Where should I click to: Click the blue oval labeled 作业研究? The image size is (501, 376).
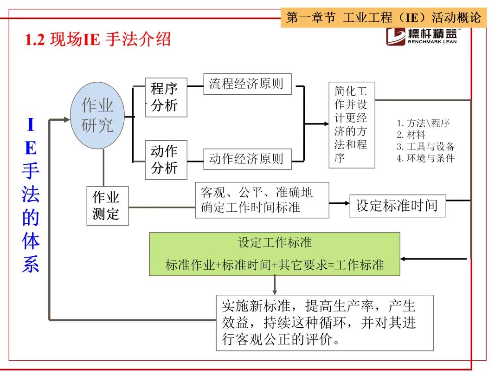click(x=97, y=115)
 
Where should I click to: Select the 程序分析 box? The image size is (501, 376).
click(x=165, y=97)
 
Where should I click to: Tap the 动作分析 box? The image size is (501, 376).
click(x=165, y=159)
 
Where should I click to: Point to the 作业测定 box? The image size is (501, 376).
click(x=107, y=206)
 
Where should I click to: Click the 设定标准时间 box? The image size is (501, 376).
click(x=398, y=206)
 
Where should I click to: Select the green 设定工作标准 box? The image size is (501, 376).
click(x=275, y=254)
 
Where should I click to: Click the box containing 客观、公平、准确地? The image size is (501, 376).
click(x=262, y=200)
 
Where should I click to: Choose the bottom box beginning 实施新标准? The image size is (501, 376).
click(x=324, y=323)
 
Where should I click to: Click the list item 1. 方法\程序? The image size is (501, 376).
click(x=423, y=123)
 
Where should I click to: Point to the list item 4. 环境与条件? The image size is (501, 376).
click(x=426, y=158)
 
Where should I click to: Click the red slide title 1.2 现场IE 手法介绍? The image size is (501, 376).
click(x=98, y=39)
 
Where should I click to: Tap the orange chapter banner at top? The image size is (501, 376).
click(x=384, y=18)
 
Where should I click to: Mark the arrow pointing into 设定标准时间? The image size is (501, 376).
click(x=340, y=203)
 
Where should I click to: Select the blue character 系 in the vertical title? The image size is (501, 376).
click(x=30, y=264)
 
